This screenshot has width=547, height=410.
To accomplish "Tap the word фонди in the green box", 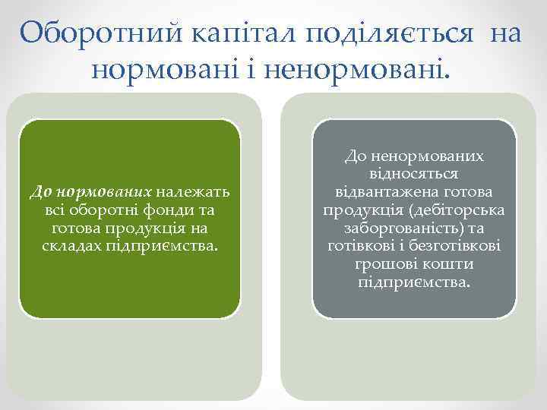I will click(169, 211).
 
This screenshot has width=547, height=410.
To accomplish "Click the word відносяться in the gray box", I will click(414, 173).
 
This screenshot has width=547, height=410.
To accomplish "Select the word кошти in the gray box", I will click(451, 264).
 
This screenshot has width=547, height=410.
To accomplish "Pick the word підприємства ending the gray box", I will click(414, 282).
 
